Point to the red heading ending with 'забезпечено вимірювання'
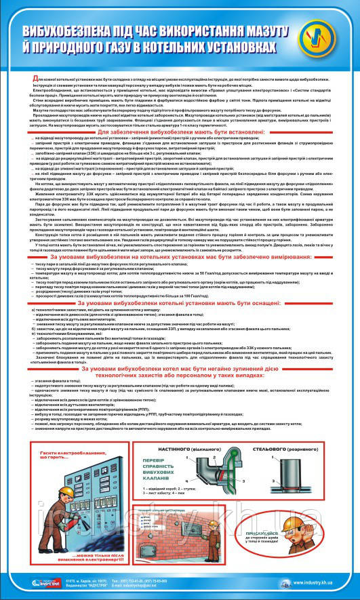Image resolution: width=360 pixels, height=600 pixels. (180, 259)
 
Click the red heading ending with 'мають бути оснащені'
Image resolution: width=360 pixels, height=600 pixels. (180, 304)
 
